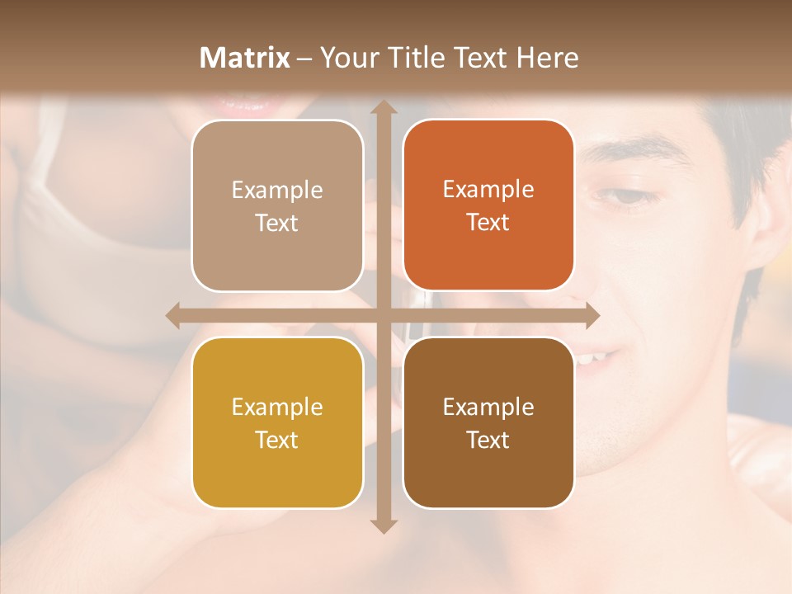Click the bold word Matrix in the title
click(245, 58)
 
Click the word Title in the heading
click(409, 58)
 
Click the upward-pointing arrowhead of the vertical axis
click(383, 108)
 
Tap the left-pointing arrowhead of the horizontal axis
click(173, 315)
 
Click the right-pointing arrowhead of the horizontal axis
click(592, 315)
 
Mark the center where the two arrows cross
click(383, 315)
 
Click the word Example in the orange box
click(488, 190)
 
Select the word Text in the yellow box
click(277, 440)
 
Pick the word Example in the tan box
click(277, 191)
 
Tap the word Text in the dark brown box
click(488, 440)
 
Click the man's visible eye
click(631, 196)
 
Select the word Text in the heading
click(482, 58)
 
